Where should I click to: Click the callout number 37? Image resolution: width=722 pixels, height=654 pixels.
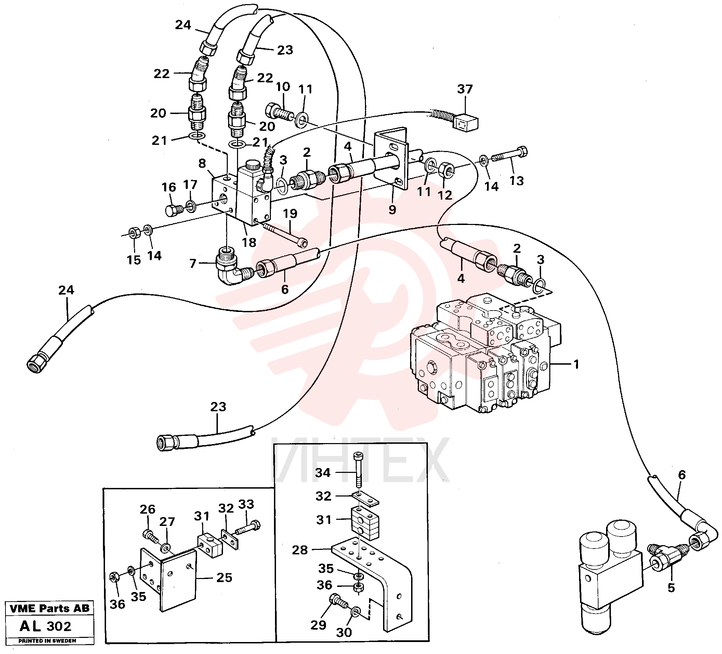click(x=465, y=89)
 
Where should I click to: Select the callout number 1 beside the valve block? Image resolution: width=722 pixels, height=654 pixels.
click(x=576, y=365)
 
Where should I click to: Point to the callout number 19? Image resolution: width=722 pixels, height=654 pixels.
click(x=290, y=214)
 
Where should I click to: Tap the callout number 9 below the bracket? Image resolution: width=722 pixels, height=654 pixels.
click(x=393, y=210)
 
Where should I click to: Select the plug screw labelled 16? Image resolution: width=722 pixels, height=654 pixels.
click(x=174, y=210)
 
